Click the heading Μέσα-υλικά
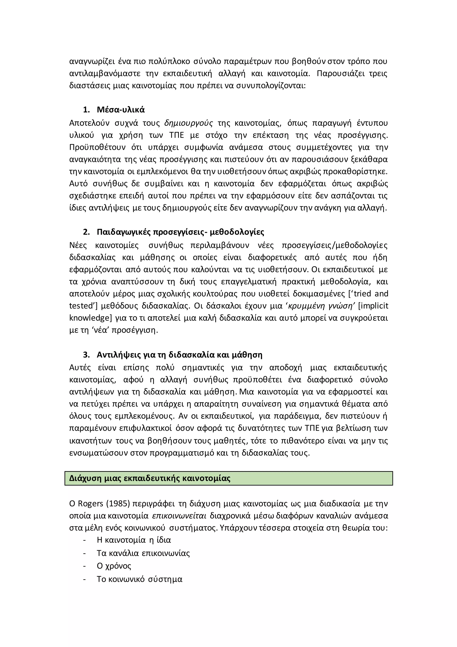click(x=120, y=110)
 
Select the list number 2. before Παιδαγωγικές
click(x=86, y=232)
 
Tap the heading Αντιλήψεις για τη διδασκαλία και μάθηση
click(x=179, y=355)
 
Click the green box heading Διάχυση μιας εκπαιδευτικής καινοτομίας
click(x=150, y=478)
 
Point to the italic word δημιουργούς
click(x=189, y=123)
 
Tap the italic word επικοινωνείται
click(x=179, y=515)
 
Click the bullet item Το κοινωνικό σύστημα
click(x=139, y=579)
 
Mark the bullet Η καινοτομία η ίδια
click(x=134, y=540)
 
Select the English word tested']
click(x=83, y=306)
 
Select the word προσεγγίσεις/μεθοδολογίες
click(x=334, y=245)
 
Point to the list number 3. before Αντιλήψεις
click(x=86, y=355)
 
